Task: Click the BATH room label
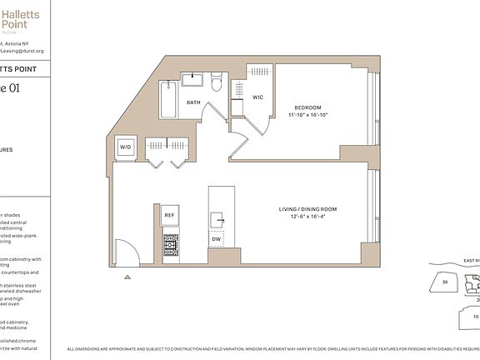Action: click(193, 102)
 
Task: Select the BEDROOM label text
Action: click(309, 107)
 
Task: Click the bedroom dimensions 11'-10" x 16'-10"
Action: click(309, 115)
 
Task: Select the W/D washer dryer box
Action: click(126, 147)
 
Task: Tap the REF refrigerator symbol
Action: click(170, 215)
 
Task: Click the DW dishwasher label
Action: click(216, 239)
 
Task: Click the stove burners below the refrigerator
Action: click(170, 243)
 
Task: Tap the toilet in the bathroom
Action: click(217, 82)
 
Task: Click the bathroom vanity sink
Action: click(194, 80)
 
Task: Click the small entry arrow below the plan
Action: click(127, 276)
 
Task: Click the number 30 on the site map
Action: click(444, 282)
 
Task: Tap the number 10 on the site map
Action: click(475, 317)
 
